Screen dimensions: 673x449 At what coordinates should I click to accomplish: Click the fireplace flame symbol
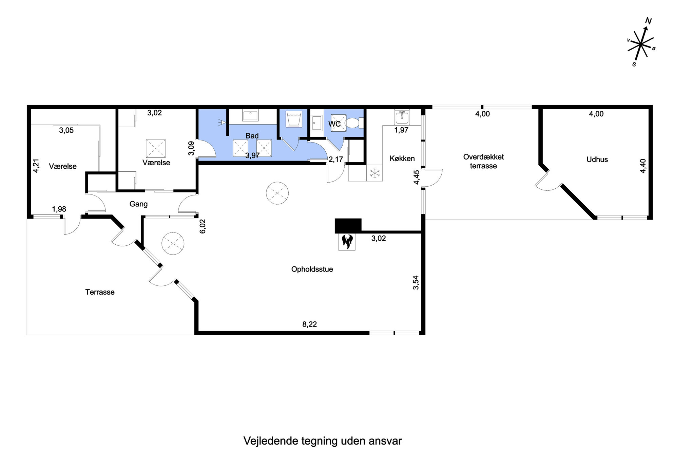tap(347, 242)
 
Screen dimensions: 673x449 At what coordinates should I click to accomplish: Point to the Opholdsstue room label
tap(312, 269)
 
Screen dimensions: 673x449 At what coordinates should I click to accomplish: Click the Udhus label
tap(597, 160)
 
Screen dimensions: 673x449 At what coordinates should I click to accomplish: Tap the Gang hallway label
tap(138, 204)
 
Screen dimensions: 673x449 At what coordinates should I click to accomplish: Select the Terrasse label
tap(100, 292)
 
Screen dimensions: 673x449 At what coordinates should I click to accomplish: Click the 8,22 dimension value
tap(309, 324)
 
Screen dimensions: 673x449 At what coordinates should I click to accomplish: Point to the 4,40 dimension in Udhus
tap(643, 166)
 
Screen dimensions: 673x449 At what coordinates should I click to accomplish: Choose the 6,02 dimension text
tap(203, 226)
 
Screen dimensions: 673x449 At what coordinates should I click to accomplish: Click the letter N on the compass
tap(648, 21)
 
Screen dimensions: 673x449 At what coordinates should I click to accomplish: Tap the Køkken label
tap(402, 158)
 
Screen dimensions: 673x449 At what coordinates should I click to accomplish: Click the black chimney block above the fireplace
tap(348, 226)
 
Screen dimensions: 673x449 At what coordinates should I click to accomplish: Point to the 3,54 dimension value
tap(416, 282)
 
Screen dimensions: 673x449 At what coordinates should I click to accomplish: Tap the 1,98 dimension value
tap(59, 209)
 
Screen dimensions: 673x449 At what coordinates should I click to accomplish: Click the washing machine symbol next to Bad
tap(294, 119)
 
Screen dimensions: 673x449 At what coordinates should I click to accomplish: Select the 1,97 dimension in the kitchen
tap(401, 130)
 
